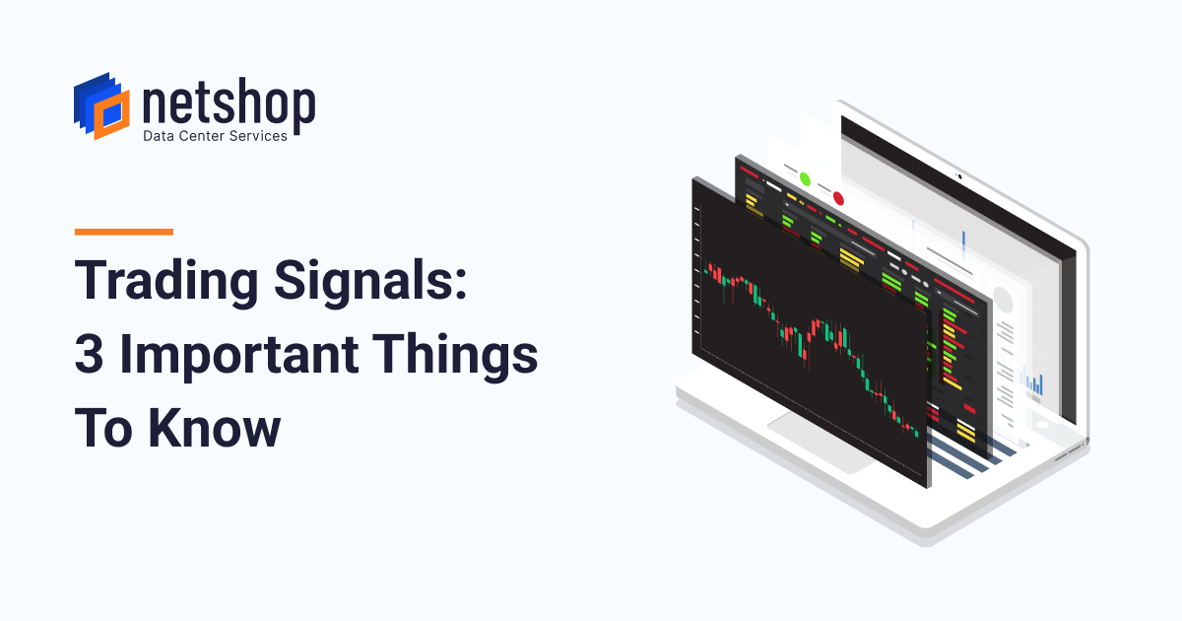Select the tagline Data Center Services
[216, 135]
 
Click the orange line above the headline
[124, 232]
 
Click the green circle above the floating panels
[805, 179]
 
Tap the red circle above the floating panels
[838, 198]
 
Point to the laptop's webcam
[957, 177]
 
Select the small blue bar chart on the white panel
[1033, 382]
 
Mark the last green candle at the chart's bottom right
[915, 432]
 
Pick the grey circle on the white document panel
[1003, 299]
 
